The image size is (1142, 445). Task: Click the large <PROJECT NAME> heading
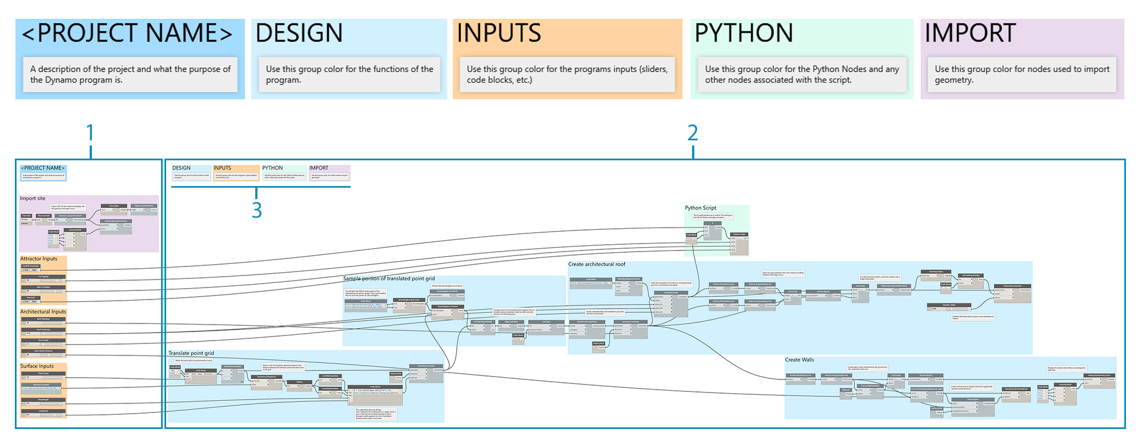pos(127,33)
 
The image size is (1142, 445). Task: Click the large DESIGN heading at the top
pos(299,33)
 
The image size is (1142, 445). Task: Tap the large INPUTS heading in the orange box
pos(498,33)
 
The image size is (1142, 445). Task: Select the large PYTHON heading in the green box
pos(743,33)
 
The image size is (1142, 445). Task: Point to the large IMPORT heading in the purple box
pos(970,33)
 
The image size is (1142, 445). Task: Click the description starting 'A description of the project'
pos(130,74)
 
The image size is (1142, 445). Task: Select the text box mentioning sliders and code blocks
pos(567,74)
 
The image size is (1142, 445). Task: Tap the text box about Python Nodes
pos(802,74)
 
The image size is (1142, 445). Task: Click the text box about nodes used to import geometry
pos(1022,74)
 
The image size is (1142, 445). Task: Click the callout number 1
pos(90,133)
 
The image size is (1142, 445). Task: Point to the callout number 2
pos(693,133)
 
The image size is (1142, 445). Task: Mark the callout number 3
pos(257,211)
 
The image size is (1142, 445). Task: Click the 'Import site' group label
pos(33,199)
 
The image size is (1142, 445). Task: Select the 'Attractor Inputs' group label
pos(39,259)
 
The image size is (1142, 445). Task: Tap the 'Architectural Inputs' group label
pos(43,312)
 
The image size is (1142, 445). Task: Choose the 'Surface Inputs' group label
pos(37,366)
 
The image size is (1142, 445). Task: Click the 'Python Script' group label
pos(701,208)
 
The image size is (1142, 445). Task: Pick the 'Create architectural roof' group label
pos(596,265)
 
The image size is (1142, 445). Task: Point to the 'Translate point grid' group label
pos(191,354)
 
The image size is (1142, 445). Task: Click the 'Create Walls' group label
pos(799,360)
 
